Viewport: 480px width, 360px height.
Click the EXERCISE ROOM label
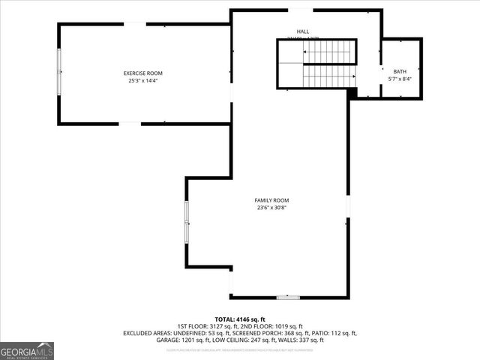(x=142, y=73)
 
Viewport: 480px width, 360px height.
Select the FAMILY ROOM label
(x=271, y=200)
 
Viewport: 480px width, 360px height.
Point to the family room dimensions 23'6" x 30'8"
(x=271, y=208)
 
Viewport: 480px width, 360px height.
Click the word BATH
(x=399, y=71)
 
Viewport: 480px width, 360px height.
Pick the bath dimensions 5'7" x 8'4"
(x=399, y=79)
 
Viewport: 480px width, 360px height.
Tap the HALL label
(x=292, y=31)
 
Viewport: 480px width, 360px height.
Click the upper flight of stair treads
(x=328, y=51)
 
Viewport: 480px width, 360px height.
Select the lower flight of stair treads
(x=328, y=76)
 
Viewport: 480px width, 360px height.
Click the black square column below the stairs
(x=352, y=93)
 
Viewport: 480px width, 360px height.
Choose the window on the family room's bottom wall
(x=288, y=298)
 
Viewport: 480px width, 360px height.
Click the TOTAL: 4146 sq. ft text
(x=240, y=319)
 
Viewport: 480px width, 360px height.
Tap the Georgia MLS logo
(x=27, y=351)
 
